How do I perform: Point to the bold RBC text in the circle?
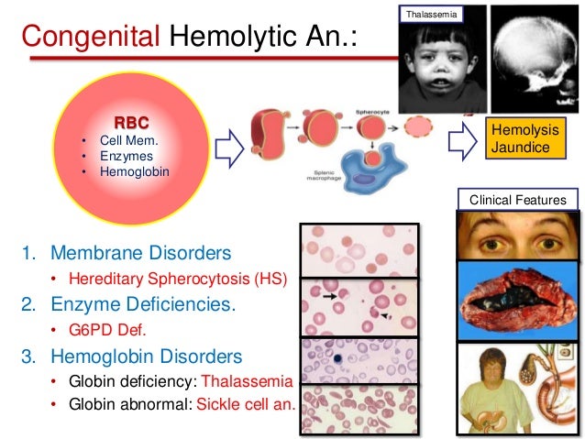130,122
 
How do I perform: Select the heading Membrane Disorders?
140,252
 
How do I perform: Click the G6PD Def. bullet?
104,330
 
